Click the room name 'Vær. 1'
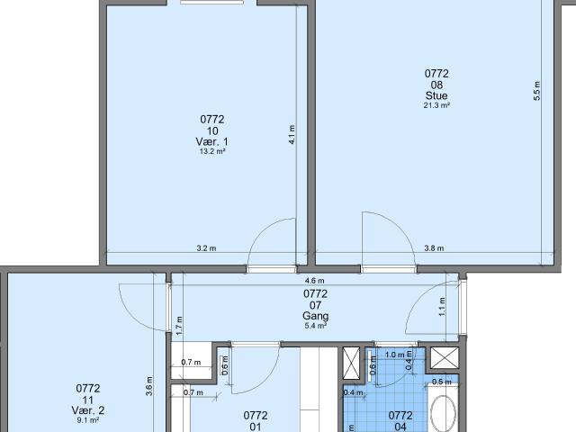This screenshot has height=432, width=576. point(211,141)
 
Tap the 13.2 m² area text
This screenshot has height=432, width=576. point(211,152)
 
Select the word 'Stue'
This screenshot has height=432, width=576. point(436,95)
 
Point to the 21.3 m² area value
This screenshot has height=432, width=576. point(436,105)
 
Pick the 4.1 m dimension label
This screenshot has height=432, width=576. point(292,135)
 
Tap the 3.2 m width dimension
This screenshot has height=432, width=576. point(206,249)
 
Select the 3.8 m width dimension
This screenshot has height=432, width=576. point(435,249)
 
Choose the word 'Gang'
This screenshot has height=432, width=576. point(315,316)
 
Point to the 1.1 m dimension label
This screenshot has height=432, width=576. point(441,306)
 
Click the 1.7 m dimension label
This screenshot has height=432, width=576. point(179,325)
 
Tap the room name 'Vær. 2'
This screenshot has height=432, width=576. point(88,410)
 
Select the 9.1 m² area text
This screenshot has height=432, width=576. point(88,421)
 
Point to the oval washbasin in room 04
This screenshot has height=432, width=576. point(444,415)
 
